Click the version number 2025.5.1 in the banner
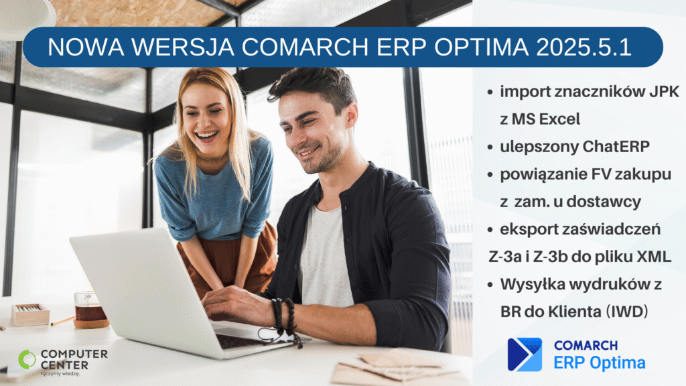click(584, 47)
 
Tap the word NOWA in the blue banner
click(86, 47)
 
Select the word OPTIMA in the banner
click(481, 47)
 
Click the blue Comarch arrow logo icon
click(525, 355)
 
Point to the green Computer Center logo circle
click(27, 359)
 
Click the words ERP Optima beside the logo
click(600, 363)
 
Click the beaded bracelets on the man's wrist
click(284, 317)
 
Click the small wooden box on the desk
click(30, 314)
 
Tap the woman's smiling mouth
click(206, 136)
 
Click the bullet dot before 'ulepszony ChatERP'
click(490, 147)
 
